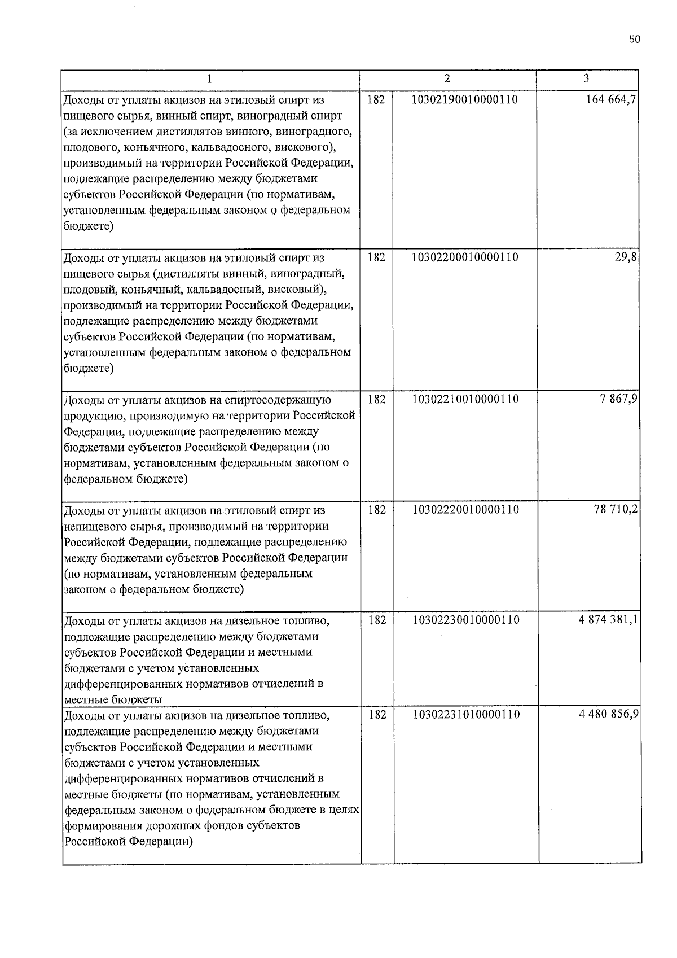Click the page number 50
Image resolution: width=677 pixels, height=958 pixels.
click(x=634, y=39)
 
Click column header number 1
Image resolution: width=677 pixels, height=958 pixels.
click(x=209, y=79)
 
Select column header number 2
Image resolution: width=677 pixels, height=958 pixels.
click(x=447, y=78)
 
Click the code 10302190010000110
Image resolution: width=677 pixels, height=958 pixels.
click(x=465, y=100)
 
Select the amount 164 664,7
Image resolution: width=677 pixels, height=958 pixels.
click(x=612, y=100)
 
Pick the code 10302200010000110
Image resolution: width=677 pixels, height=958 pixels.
click(x=465, y=257)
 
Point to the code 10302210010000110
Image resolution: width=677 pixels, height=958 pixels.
click(x=465, y=400)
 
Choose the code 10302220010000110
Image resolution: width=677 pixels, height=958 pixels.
click(x=465, y=510)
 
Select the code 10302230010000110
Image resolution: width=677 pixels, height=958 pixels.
click(x=466, y=620)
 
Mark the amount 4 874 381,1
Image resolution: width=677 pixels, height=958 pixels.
click(x=608, y=620)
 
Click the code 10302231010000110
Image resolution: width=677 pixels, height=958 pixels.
click(x=466, y=715)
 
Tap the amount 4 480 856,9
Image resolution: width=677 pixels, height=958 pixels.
click(x=608, y=715)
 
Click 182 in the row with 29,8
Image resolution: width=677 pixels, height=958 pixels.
click(x=376, y=257)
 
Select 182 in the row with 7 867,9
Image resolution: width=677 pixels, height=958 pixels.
click(x=376, y=400)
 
